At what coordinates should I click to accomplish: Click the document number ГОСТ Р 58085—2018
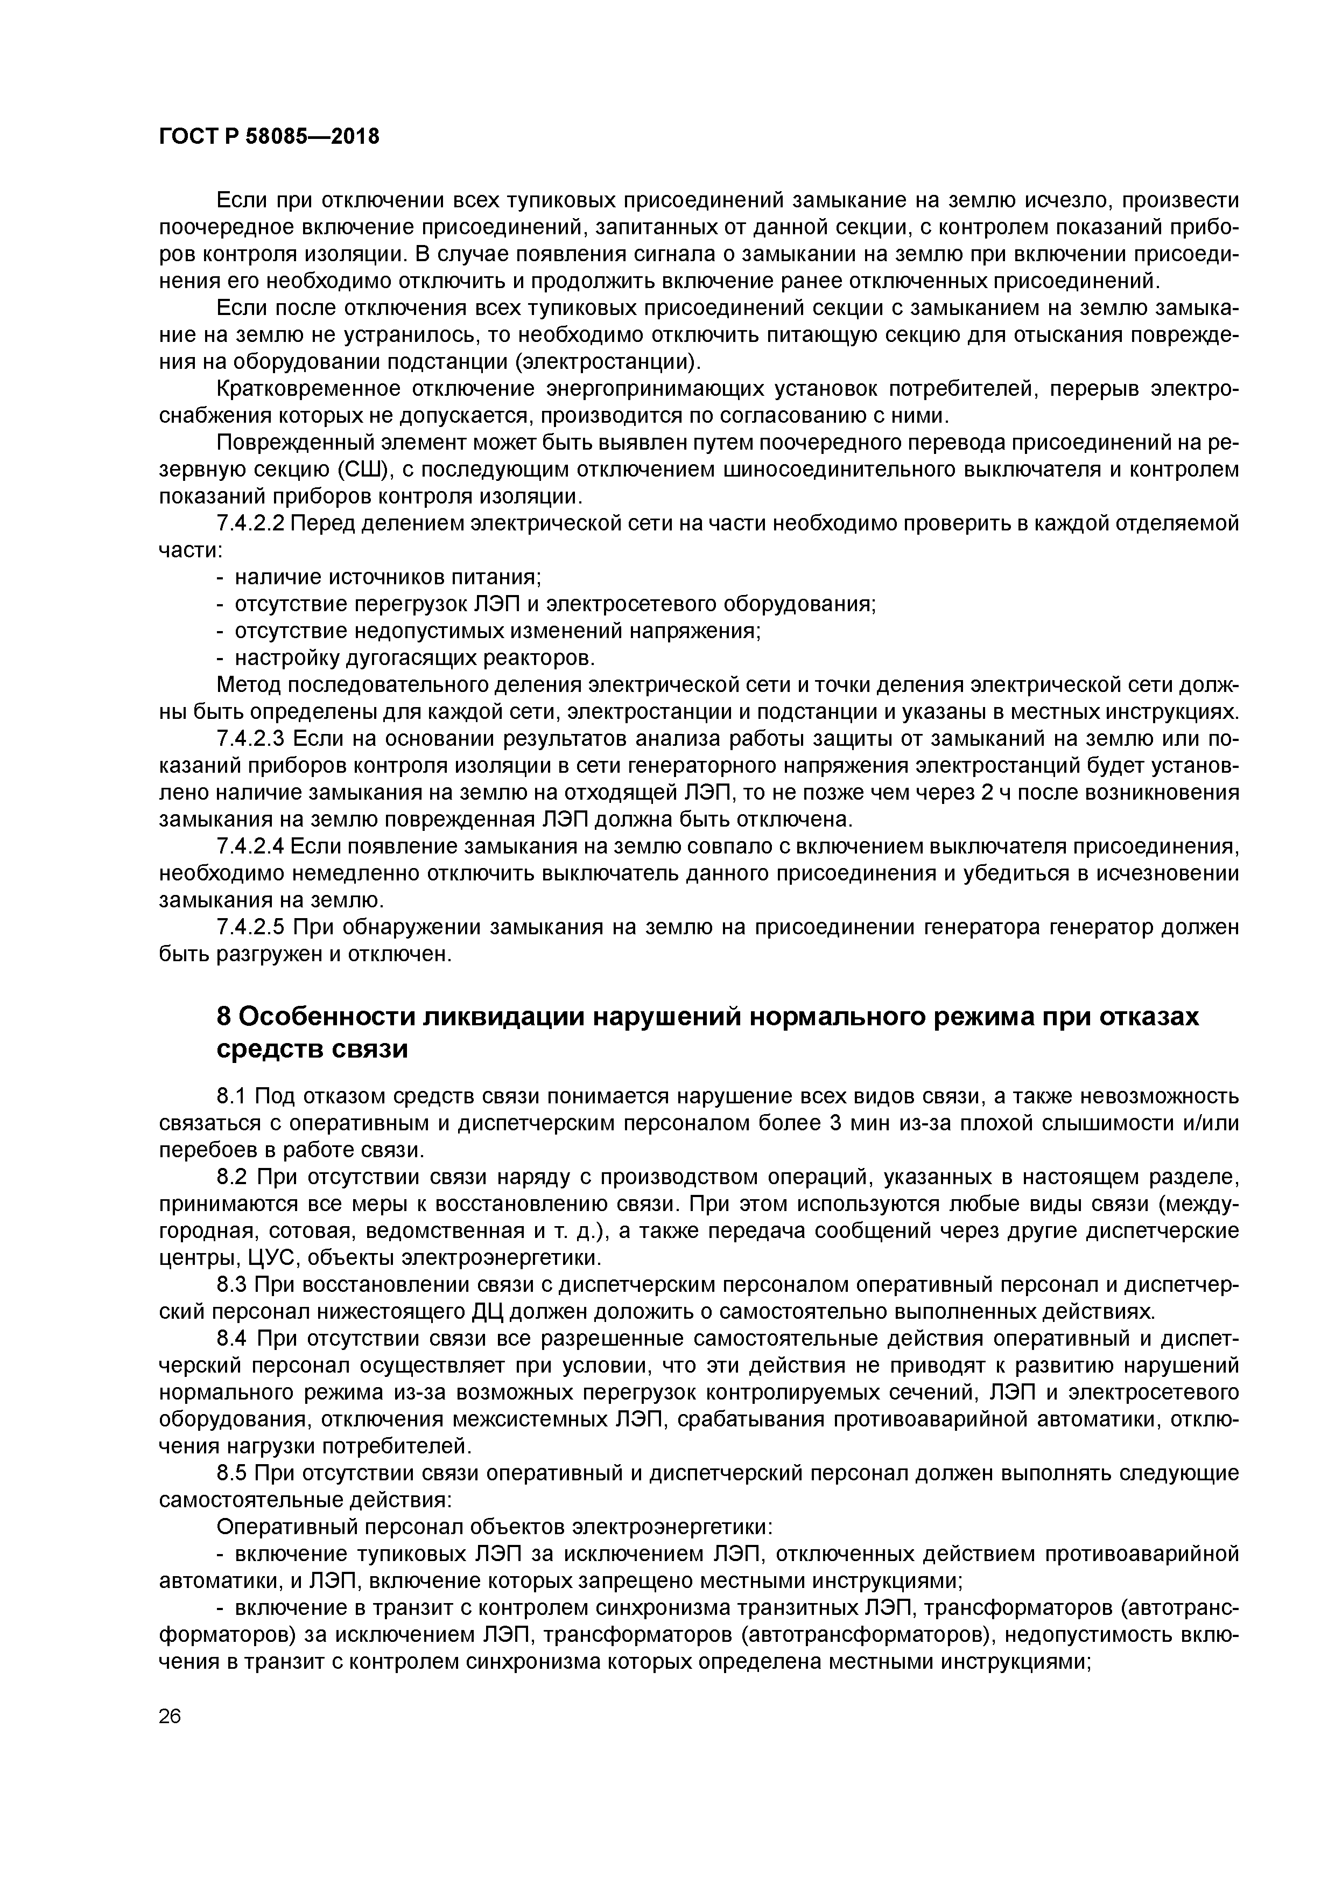[x=269, y=137]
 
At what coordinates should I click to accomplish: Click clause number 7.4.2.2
[x=250, y=524]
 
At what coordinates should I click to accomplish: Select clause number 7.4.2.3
[x=250, y=739]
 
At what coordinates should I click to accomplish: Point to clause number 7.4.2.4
[x=250, y=846]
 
